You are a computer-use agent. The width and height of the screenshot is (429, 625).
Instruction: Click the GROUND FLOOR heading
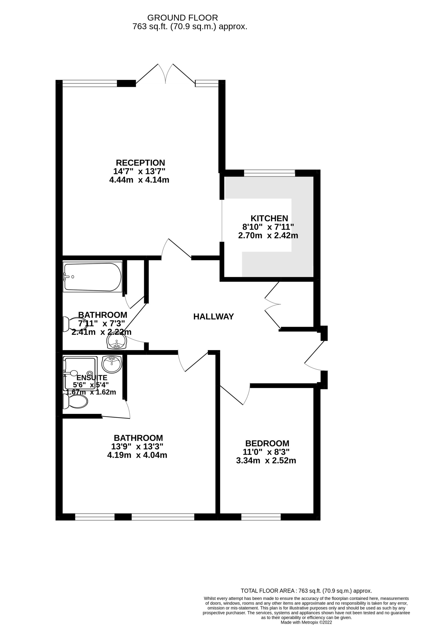click(183, 18)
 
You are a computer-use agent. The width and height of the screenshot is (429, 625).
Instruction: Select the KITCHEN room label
click(269, 218)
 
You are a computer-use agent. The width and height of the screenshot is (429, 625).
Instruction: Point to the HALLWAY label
click(214, 317)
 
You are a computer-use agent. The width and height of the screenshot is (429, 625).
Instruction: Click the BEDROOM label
click(267, 443)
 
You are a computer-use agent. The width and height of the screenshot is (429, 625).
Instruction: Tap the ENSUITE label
click(92, 378)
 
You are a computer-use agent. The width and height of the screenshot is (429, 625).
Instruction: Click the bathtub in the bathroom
click(93, 277)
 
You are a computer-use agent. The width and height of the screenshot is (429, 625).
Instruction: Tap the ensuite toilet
click(75, 403)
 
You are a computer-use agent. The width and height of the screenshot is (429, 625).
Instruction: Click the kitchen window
click(270, 173)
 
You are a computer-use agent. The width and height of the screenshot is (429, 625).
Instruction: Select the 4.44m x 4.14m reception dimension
click(139, 180)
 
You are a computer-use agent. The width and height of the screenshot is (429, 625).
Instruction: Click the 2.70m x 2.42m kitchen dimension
click(268, 236)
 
